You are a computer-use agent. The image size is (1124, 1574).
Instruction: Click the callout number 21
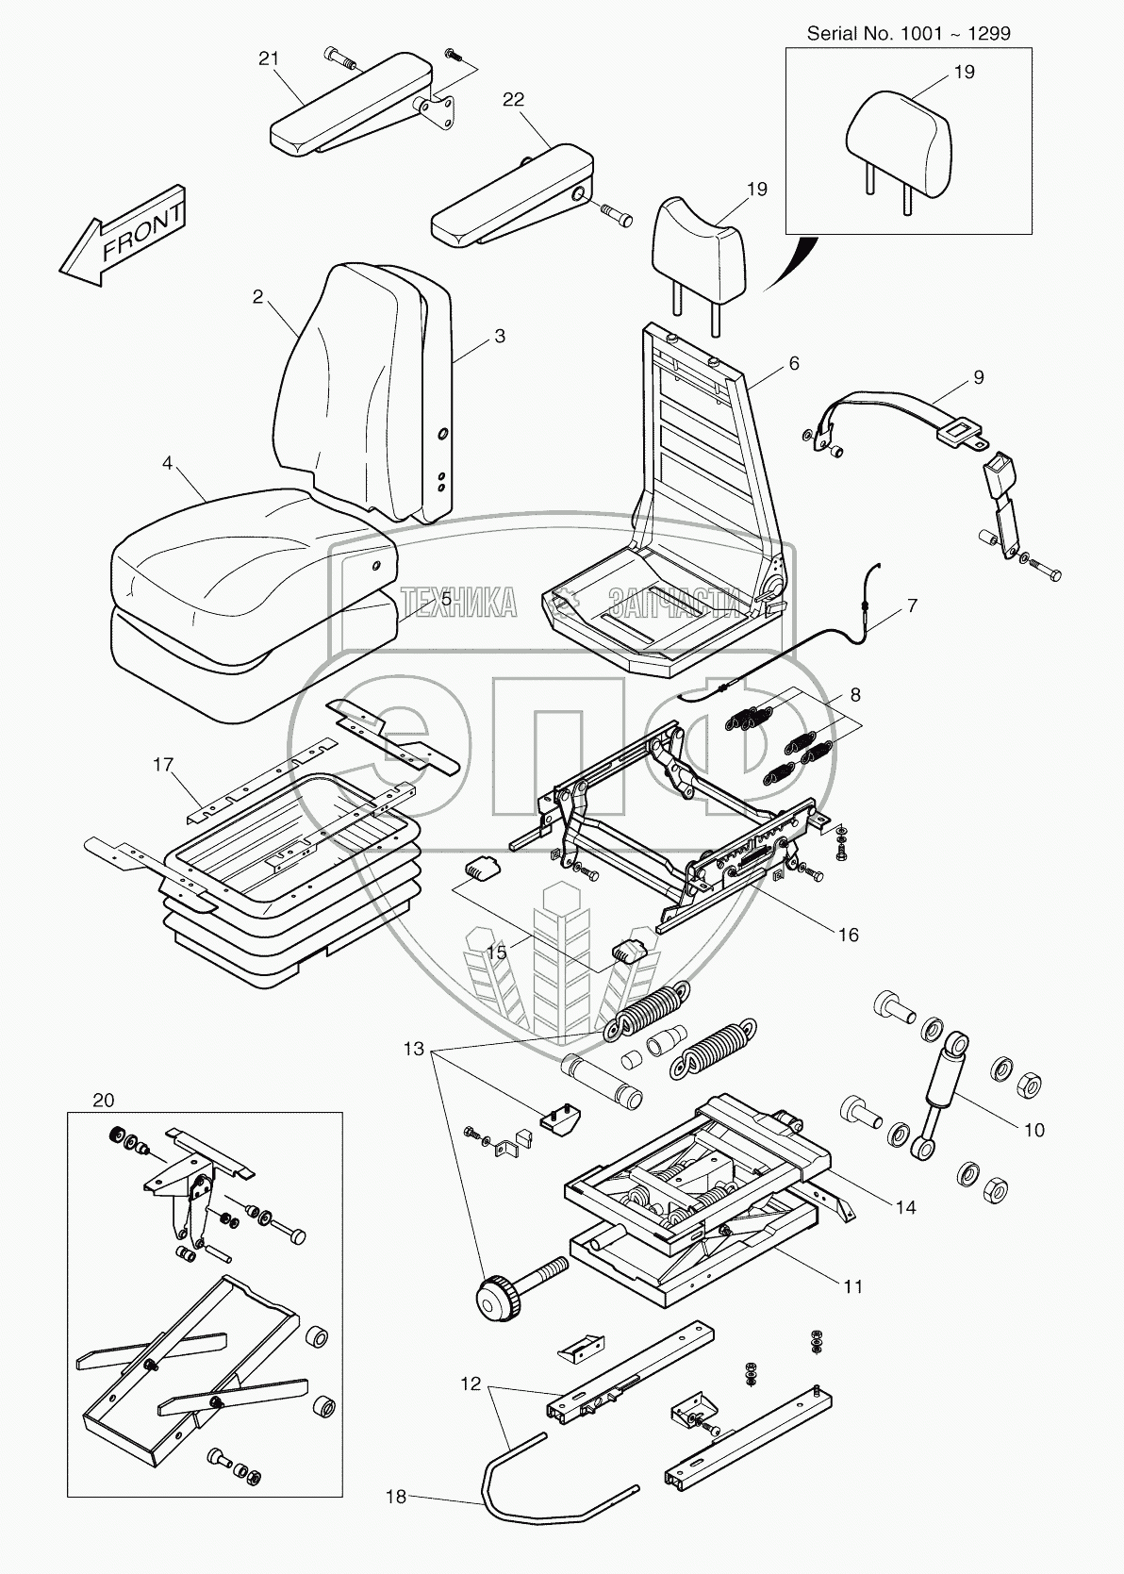tap(269, 59)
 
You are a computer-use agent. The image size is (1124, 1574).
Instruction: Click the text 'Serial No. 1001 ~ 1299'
tap(908, 33)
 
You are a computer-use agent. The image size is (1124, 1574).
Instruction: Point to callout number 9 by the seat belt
tap(978, 377)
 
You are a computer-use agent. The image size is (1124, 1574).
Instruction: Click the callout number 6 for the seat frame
tap(794, 363)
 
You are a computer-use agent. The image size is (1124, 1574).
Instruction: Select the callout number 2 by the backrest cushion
tap(257, 296)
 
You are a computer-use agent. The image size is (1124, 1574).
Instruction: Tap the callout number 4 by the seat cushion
tap(167, 463)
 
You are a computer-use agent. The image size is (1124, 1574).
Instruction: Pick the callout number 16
tap(848, 934)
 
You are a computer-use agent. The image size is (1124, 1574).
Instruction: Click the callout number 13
tap(415, 1049)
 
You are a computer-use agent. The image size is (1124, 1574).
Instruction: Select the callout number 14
tap(905, 1207)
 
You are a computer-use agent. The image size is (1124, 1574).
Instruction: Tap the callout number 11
tap(852, 1286)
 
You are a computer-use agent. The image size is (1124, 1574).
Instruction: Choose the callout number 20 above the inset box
tap(104, 1100)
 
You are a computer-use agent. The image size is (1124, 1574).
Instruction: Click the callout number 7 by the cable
tap(911, 606)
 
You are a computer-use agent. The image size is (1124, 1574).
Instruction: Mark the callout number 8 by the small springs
tap(854, 695)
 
